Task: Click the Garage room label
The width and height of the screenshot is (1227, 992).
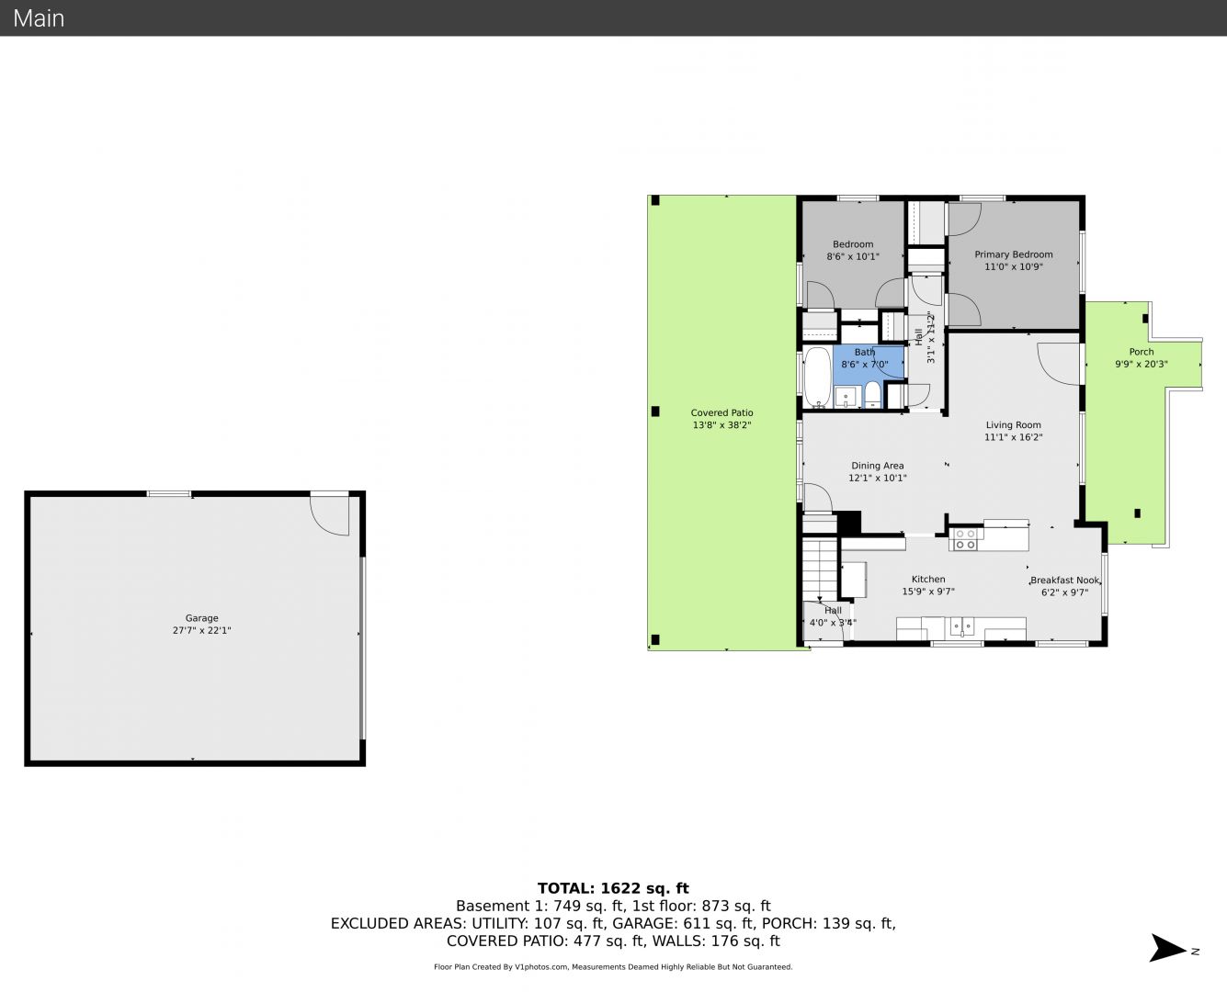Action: pyautogui.click(x=201, y=618)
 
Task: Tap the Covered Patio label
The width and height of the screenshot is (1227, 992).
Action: pyautogui.click(x=721, y=412)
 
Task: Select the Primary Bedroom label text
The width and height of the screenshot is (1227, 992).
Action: pyautogui.click(x=1013, y=254)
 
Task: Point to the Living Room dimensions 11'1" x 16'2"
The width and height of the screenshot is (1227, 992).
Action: pyautogui.click(x=1013, y=437)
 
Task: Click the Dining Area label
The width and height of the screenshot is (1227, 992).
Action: pyautogui.click(x=878, y=466)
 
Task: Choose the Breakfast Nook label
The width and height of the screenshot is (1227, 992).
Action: pyautogui.click(x=1064, y=581)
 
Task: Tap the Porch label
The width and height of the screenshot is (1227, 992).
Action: pyautogui.click(x=1142, y=352)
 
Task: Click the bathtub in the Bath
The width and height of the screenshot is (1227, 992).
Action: pyautogui.click(x=817, y=378)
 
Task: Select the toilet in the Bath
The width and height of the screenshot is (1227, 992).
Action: pyautogui.click(x=873, y=394)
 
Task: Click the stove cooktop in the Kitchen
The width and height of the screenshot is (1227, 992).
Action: pyautogui.click(x=965, y=539)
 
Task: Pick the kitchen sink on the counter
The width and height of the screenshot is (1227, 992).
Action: pyautogui.click(x=961, y=626)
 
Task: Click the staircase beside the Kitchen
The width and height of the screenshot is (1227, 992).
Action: pyautogui.click(x=820, y=569)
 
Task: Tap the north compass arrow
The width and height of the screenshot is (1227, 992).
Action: pyautogui.click(x=1168, y=948)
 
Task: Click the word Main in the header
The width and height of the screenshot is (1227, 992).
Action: pyautogui.click(x=39, y=18)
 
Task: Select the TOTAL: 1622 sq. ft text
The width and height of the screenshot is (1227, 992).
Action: pyautogui.click(x=613, y=888)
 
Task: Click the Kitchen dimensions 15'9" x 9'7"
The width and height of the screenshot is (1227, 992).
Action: pyautogui.click(x=928, y=592)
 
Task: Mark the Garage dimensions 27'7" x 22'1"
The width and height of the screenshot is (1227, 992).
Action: pyautogui.click(x=201, y=630)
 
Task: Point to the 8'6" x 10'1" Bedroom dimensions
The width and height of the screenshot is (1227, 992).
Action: pyautogui.click(x=853, y=257)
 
